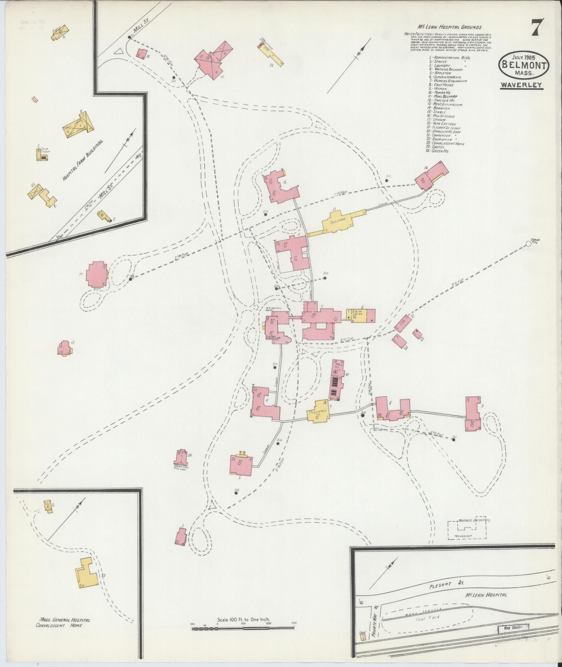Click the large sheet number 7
click(538, 28)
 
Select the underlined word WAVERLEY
click(522, 85)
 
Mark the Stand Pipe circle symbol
click(529, 244)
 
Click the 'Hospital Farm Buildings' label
click(83, 160)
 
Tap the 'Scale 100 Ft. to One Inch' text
click(244, 620)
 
